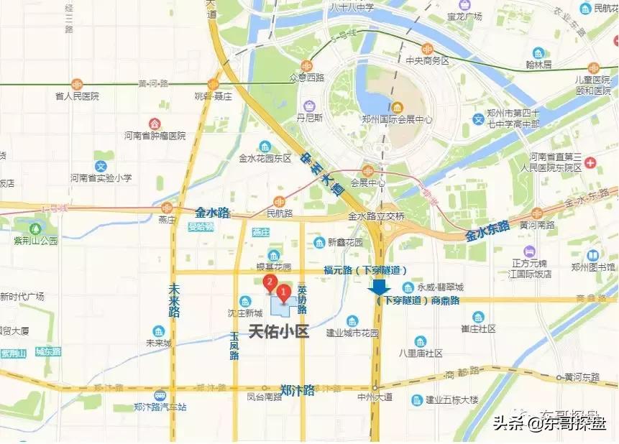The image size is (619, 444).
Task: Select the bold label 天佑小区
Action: (278, 332)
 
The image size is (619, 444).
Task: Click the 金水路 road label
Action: (212, 213)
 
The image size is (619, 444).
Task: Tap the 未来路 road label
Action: (174, 300)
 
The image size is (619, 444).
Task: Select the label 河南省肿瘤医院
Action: (155, 135)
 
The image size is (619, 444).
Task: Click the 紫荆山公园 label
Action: (35, 241)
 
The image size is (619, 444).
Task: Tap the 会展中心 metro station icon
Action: (367, 170)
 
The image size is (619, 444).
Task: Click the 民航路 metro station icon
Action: (279, 202)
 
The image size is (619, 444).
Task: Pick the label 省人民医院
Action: (77, 96)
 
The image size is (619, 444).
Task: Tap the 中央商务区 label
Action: (427, 61)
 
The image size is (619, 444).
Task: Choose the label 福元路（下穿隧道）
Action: (365, 271)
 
